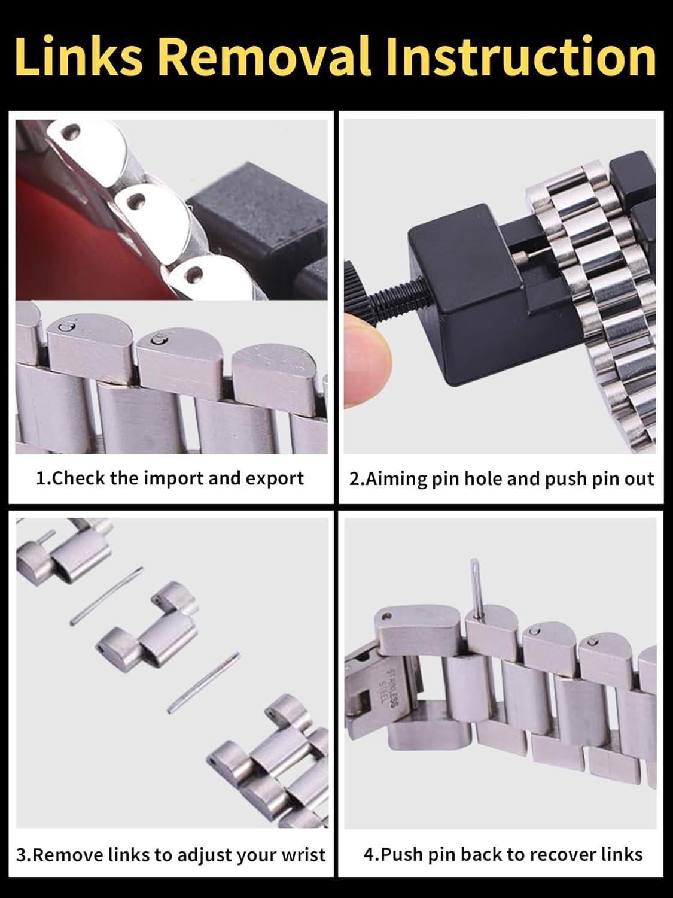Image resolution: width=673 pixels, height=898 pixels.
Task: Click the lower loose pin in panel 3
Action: (204, 682)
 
